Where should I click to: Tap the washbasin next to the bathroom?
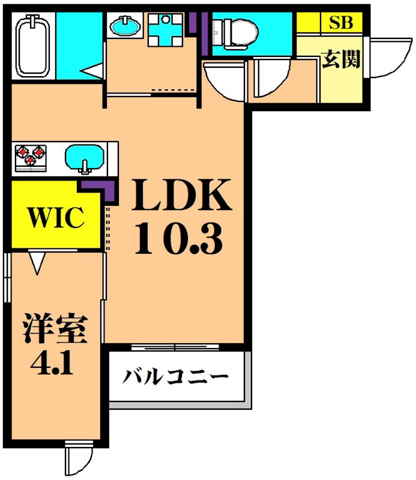coord(125,26)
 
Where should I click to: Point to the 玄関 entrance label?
coord(341,59)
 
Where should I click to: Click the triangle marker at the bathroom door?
coord(94,73)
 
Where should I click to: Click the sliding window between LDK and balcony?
coord(175,347)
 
